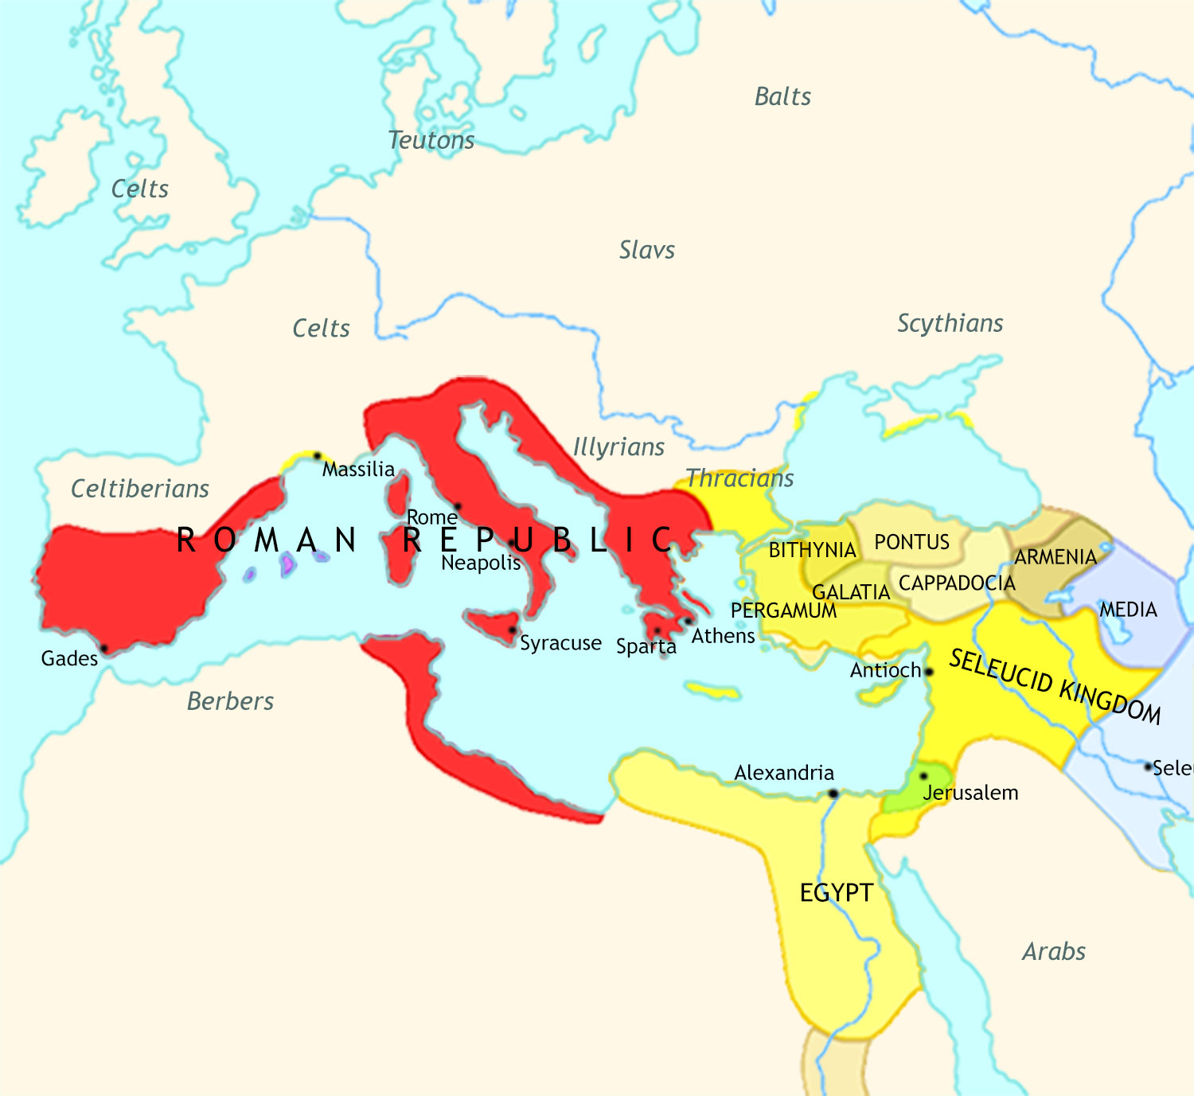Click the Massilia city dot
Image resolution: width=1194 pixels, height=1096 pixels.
317,456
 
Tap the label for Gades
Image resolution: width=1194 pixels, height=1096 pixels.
69,659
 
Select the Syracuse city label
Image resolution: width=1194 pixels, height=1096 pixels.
560,643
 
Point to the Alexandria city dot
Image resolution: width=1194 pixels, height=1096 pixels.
833,794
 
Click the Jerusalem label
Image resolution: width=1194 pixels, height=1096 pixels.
970,793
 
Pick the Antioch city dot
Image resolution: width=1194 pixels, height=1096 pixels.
928,673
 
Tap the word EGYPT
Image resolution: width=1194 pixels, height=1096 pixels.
837,893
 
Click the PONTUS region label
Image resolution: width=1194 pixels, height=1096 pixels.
911,543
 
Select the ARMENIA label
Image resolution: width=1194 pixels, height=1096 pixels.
1055,557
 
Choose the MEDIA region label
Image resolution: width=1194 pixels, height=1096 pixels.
1128,610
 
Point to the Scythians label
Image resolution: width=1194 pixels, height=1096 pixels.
950,323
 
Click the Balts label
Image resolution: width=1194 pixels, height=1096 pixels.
782,97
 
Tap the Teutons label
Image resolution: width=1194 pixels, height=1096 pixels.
431,141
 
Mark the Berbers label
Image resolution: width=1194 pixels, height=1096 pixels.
230,701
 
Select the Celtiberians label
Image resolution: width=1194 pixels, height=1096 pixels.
140,489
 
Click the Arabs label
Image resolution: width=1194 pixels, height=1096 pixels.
1053,951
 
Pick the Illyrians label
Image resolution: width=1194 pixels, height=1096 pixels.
618,447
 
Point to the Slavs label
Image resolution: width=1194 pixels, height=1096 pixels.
646,251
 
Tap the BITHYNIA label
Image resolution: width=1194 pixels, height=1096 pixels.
812,551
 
